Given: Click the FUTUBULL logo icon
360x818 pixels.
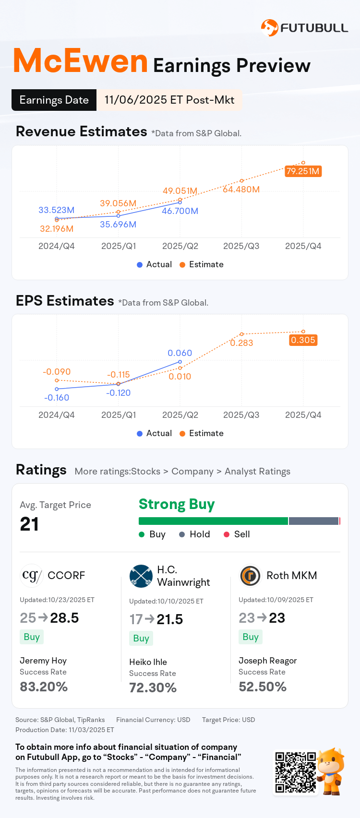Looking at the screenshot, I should coord(269,27).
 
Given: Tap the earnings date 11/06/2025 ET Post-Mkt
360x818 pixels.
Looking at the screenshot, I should coord(169,100).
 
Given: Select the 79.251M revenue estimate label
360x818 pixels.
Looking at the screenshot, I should coord(303,171).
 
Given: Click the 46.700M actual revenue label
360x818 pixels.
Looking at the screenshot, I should coord(180,211).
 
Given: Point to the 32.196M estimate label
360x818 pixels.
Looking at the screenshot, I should coord(57,229).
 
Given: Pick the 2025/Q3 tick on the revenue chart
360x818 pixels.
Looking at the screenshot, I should coord(241,246).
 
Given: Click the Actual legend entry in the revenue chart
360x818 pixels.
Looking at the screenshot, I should coord(154,264).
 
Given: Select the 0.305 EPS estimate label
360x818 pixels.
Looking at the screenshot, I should coord(303,340).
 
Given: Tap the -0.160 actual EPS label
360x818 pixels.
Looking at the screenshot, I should coord(57,398).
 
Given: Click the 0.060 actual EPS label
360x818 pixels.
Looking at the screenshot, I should coord(180,353).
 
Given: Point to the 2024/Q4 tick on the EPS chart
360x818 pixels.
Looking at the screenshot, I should coord(57,415).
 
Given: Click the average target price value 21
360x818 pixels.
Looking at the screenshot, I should coord(29,524).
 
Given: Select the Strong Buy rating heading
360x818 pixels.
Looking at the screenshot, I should coord(177,504).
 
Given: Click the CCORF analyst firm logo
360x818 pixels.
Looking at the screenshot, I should coord(32,575).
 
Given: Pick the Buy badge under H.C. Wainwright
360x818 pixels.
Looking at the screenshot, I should coord(141,639).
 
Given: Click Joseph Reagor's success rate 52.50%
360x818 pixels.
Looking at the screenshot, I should coord(263,687).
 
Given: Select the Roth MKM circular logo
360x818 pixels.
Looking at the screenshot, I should coord(250,576).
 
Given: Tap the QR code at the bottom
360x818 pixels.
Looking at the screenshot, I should coord(295,772).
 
